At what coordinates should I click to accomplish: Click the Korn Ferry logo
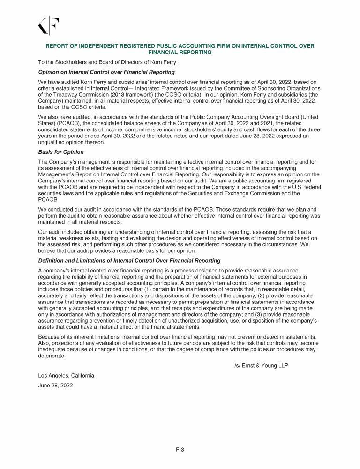[49, 26]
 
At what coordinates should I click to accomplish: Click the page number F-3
[180, 450]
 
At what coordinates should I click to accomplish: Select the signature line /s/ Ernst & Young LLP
[261, 365]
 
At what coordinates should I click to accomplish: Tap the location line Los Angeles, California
[66, 376]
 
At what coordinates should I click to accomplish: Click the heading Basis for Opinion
[61, 152]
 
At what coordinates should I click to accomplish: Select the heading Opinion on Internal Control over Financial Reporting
[106, 72]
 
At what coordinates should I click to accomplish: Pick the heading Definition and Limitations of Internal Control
[129, 260]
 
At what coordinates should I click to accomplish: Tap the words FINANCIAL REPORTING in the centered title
[180, 53]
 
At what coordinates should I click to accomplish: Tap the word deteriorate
[52, 355]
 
